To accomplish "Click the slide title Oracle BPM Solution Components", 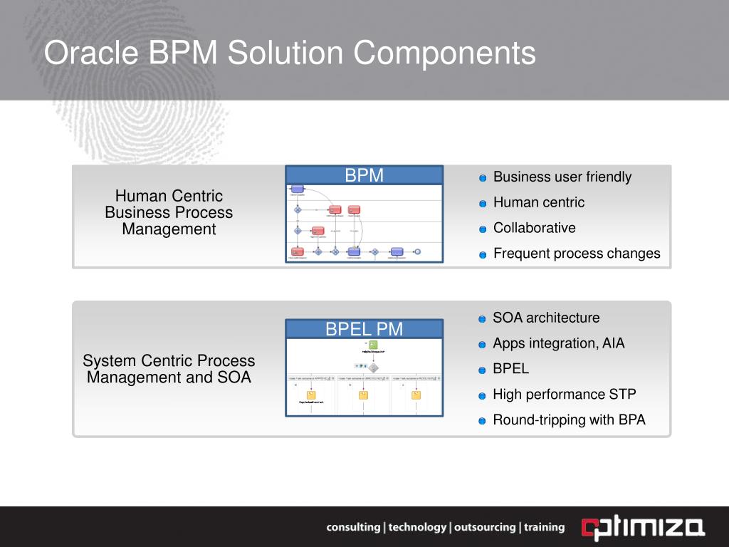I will (290, 54).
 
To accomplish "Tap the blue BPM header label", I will (364, 176).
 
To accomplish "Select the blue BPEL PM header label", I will (364, 329).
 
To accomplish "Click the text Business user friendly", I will (562, 177).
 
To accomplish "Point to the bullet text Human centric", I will (539, 202).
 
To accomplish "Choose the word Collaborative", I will (535, 228).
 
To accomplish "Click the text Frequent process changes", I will (577, 254).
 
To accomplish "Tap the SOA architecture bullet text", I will (546, 318).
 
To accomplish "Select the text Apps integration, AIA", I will (559, 343).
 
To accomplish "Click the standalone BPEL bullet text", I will (511, 369).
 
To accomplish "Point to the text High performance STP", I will (565, 395).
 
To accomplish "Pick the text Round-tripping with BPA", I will (569, 420).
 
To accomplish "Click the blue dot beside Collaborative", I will (483, 229).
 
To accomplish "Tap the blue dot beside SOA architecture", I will (483, 319).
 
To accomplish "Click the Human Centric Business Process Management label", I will (169, 212).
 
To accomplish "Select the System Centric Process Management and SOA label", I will (169, 369).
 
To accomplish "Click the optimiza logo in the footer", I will (643, 528).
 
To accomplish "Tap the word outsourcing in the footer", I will (484, 528).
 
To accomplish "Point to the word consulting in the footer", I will (353, 528).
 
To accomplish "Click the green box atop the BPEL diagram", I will (373, 345).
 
